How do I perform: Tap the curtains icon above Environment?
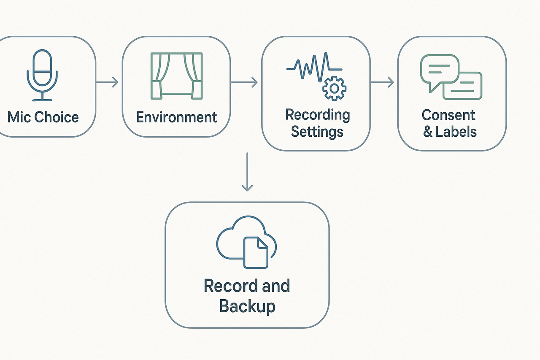pyautogui.click(x=176, y=76)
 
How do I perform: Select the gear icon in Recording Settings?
pyautogui.click(x=334, y=88)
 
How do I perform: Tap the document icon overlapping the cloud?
pyautogui.click(x=256, y=252)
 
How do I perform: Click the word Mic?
pyautogui.click(x=19, y=117)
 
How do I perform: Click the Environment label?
pyautogui.click(x=176, y=117)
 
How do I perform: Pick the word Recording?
pyautogui.click(x=317, y=114)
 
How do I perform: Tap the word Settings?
pyautogui.click(x=317, y=132)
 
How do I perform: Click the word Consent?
pyautogui.click(x=448, y=115)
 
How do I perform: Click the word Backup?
pyautogui.click(x=247, y=306)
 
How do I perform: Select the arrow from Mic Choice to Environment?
pyautogui.click(x=108, y=82)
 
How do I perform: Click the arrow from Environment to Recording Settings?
pyautogui.click(x=245, y=82)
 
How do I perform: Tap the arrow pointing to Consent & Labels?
pyautogui.click(x=382, y=82)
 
